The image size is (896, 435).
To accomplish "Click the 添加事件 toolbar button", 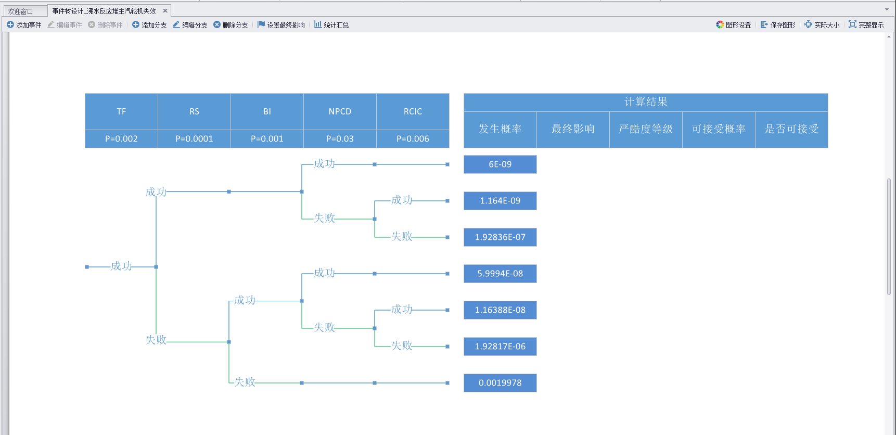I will point(24,25).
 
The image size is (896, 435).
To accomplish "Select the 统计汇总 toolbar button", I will point(331,25).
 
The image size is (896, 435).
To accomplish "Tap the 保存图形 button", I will point(778,25).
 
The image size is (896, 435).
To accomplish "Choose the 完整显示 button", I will point(866,25).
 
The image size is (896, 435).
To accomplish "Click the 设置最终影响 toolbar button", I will point(281,25).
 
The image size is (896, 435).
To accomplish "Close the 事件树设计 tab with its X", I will point(165,11).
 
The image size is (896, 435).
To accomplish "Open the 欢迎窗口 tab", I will point(21,11).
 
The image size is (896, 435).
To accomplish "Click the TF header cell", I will point(121,111).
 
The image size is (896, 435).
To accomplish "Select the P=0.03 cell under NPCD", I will point(340,139).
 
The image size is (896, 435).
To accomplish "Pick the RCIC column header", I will point(413,111).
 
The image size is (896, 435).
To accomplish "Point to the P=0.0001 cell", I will point(194,139).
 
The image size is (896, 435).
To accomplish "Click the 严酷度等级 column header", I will point(646,129).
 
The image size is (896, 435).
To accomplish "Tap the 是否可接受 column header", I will point(791,129).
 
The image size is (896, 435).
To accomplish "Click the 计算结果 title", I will point(646,102).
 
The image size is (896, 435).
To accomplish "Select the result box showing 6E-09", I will point(500,164).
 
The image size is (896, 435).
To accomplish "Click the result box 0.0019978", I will point(500,383).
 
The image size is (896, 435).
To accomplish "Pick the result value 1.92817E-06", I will point(500,347).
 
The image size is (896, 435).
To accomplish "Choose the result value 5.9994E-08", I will point(500,274).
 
